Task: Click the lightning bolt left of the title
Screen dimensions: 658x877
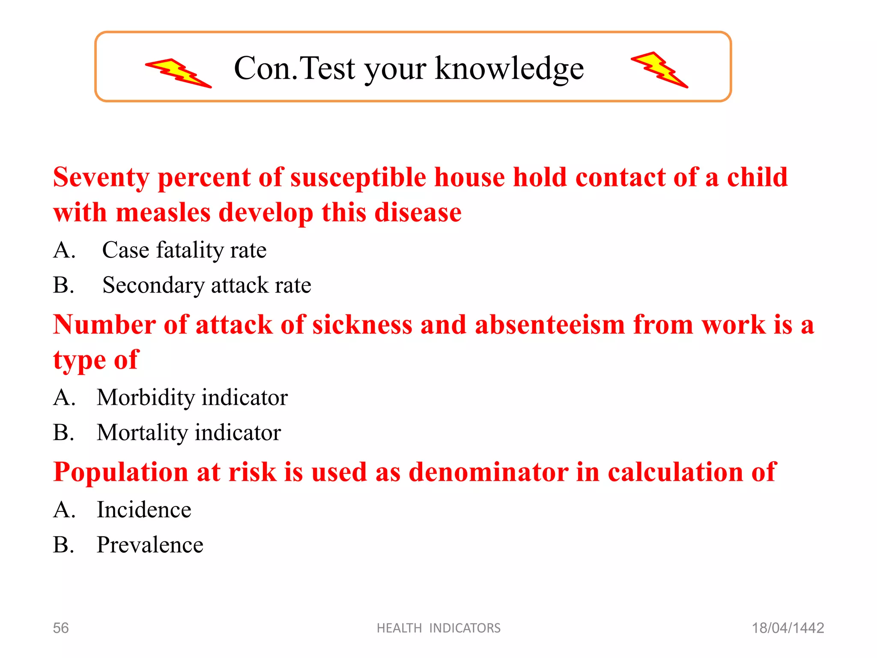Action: click(x=178, y=73)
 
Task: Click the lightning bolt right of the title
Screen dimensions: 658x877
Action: click(x=659, y=70)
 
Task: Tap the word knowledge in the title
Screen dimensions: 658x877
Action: click(x=509, y=69)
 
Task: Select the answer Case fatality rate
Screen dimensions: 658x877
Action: click(x=184, y=250)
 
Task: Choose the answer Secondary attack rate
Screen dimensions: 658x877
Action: click(x=206, y=285)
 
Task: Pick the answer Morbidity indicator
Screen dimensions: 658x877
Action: click(x=192, y=398)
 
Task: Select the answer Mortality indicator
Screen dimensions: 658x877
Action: click(x=189, y=433)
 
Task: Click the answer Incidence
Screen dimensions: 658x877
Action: click(x=144, y=510)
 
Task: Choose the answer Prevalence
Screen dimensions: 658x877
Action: click(x=150, y=545)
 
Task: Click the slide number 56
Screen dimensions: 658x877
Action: click(x=60, y=628)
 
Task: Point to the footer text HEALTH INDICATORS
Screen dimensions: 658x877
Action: click(x=438, y=628)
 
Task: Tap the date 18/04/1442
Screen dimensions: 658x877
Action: click(x=788, y=628)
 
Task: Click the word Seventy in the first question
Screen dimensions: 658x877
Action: click(x=101, y=177)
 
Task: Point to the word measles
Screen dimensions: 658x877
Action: click(x=163, y=212)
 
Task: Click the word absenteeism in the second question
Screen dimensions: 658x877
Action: click(x=550, y=325)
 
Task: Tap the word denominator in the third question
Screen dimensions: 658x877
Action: click(x=489, y=472)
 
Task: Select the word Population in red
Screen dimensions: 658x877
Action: click(x=120, y=472)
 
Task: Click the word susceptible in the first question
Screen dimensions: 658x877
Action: click(x=358, y=177)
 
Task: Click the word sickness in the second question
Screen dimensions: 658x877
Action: click(x=362, y=325)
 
